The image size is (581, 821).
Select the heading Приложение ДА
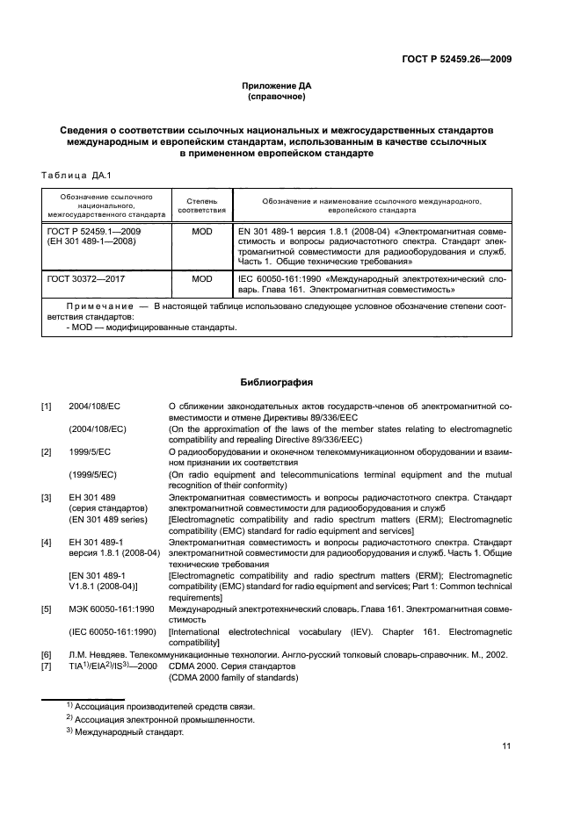tap(277, 86)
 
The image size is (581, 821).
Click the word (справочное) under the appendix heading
tap(277, 97)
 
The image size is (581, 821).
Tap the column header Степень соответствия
tap(202, 205)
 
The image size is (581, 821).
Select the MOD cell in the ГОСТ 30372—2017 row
tap(202, 278)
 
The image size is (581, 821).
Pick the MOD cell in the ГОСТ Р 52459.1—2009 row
tap(202, 231)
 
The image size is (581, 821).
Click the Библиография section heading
tap(277, 383)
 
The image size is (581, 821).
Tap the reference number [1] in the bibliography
tap(46, 407)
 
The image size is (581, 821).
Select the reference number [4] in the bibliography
tap(46, 543)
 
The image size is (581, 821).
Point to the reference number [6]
tap(46, 655)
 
